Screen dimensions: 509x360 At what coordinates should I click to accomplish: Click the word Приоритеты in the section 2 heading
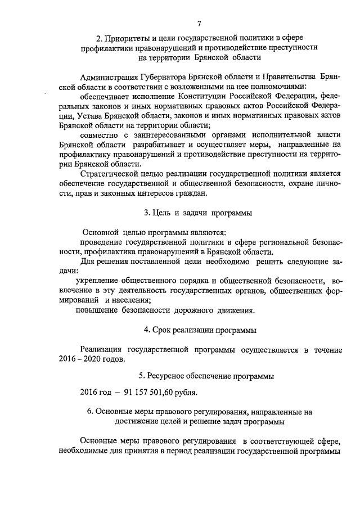coord(127,38)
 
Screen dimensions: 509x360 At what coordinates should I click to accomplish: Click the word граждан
coord(191,194)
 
